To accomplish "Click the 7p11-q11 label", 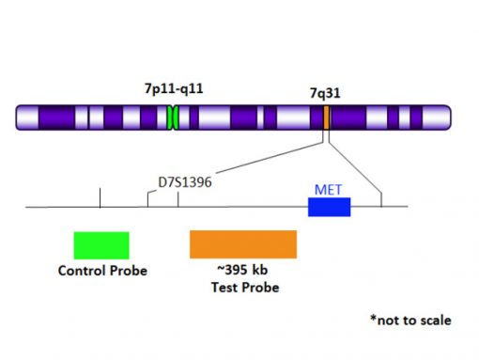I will click(x=173, y=89).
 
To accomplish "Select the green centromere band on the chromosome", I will click(x=173, y=117).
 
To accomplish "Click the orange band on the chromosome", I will click(x=326, y=117).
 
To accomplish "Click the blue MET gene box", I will click(x=329, y=207).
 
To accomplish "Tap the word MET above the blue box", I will click(x=328, y=190).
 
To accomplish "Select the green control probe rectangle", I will click(x=101, y=244).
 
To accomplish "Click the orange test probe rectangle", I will click(x=243, y=243).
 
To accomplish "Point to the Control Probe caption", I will click(x=102, y=272).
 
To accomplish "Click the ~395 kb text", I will click(x=243, y=270).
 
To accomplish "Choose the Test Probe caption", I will click(x=243, y=286).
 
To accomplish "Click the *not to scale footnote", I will click(x=410, y=321).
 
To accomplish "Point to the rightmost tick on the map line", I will click(x=380, y=199).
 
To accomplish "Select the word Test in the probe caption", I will click(x=223, y=286).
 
